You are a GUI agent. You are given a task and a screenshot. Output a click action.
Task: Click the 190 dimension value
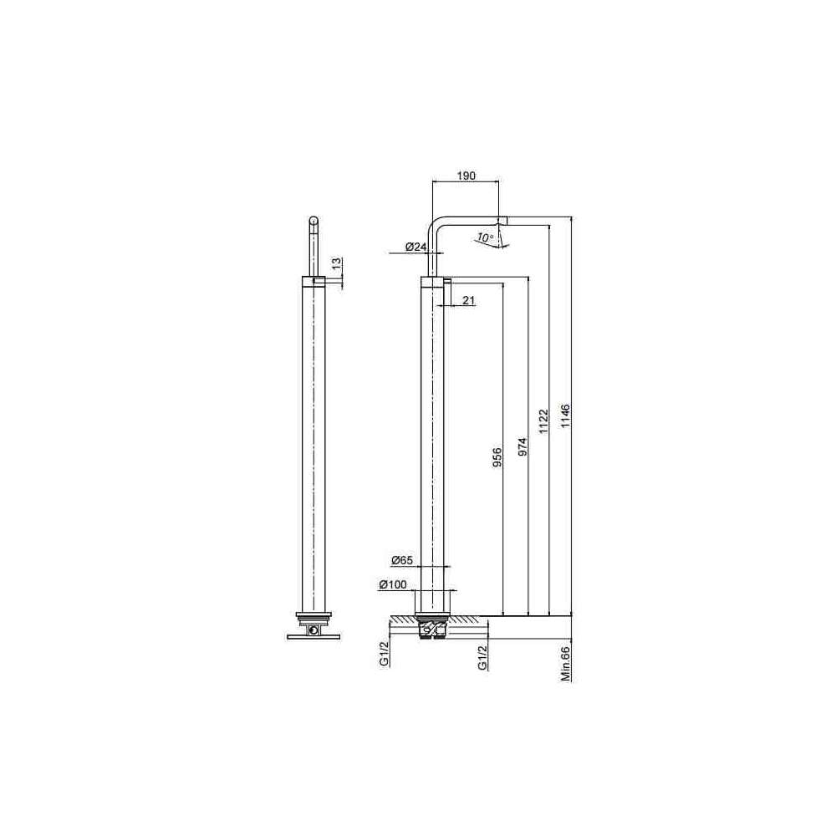click(x=466, y=176)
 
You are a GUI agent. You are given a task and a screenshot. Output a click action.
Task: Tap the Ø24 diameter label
click(x=415, y=247)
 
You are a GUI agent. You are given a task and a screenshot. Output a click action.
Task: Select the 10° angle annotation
click(x=485, y=237)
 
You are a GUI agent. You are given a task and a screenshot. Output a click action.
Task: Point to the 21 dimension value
click(x=468, y=301)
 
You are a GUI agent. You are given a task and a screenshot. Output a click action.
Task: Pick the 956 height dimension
click(x=497, y=457)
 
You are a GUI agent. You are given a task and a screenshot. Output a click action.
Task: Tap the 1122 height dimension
click(x=543, y=421)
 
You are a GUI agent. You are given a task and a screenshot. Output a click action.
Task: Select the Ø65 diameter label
click(x=402, y=560)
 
